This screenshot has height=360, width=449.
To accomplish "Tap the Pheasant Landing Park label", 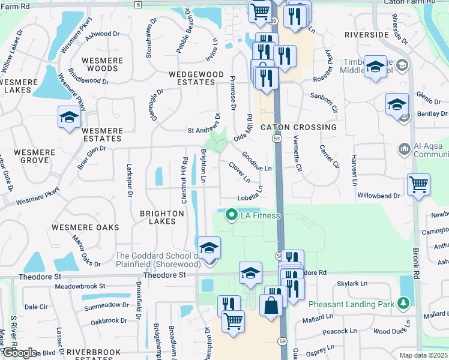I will coord(352,304).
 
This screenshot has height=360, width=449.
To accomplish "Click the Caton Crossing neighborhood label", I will coord(298,127).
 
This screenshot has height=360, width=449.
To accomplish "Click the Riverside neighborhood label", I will coord(367,35).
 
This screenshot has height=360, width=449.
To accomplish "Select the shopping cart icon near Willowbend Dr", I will coord(418,184).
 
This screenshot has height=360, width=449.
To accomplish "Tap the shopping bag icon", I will coord(271,303).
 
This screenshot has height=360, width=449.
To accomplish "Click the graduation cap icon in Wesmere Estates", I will coord(70,116).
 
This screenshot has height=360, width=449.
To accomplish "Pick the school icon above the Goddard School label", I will coord(209,247).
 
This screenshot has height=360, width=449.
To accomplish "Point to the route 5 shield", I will coord(138,5).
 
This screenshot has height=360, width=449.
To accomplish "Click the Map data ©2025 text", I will coord(424,355).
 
